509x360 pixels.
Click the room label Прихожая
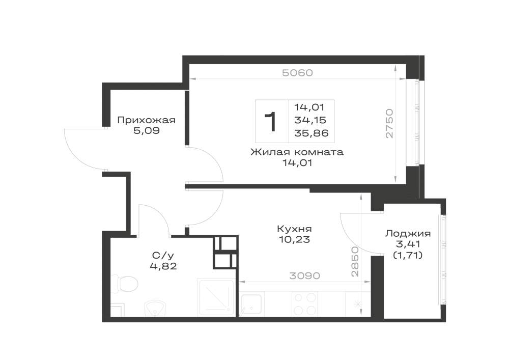pos(146,120)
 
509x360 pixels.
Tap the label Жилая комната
pos(297,152)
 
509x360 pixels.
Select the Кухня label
pos(294,229)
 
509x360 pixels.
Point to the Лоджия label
pos(408,233)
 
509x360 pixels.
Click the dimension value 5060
pos(297,73)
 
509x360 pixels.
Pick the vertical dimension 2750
pos(389,124)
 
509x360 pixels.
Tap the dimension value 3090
pos(304,275)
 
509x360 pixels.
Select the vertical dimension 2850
pos(355,262)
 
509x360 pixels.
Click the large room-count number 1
pos(270,122)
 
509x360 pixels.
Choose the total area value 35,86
pos(312,133)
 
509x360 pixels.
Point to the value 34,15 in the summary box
pos(310,120)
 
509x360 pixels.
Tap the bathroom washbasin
pos(155,308)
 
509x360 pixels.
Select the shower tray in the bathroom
pos(216,297)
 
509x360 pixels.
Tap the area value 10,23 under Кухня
pos(294,239)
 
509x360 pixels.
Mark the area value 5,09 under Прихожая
pos(146,131)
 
